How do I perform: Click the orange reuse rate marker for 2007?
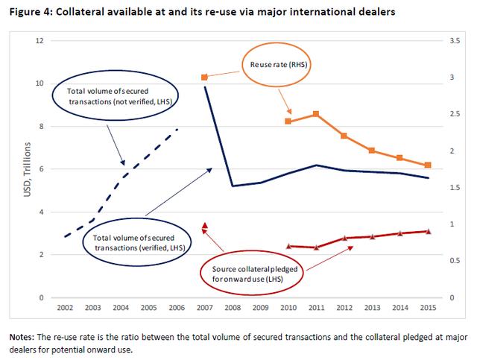tap(205, 77)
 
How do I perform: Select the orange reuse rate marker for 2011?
tap(316, 114)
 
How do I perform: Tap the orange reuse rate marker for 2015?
tap(428, 165)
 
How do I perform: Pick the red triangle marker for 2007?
tap(205, 224)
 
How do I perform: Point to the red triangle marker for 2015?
tap(428, 231)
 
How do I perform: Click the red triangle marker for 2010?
tap(288, 245)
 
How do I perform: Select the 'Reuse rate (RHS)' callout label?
tap(274, 66)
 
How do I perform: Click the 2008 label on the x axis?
tap(233, 308)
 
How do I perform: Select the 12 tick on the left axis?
tap(39, 40)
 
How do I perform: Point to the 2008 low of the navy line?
tap(233, 186)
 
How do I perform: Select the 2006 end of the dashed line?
tap(177, 130)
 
